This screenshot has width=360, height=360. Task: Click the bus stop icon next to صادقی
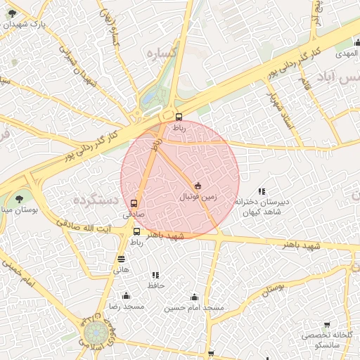point(134,205)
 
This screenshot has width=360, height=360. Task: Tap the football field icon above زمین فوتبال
point(198,186)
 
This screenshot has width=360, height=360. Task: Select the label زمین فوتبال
point(198,198)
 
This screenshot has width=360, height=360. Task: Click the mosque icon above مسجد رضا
point(126,296)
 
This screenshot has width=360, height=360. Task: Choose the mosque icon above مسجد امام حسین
point(194,297)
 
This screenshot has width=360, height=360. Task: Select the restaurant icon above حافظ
point(155,275)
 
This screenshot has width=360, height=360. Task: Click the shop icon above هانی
point(122,259)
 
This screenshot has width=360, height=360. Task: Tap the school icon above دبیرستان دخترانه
point(262,191)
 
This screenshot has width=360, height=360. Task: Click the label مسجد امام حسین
point(194,308)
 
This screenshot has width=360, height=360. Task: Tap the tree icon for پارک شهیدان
point(12,13)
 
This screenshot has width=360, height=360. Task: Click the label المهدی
point(346,53)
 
